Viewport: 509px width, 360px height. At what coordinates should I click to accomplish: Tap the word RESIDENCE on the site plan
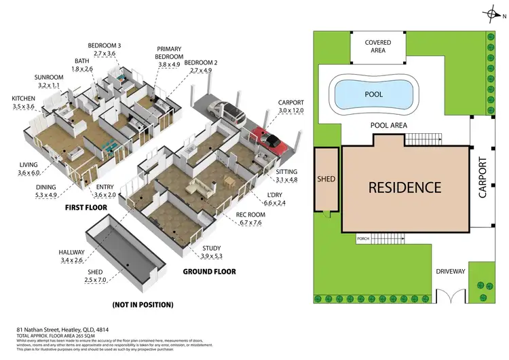(x=404, y=187)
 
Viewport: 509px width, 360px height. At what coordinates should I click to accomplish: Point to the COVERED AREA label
(x=377, y=46)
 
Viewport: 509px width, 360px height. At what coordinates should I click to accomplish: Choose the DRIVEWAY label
(x=451, y=272)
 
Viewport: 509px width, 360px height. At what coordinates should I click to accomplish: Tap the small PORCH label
(x=364, y=238)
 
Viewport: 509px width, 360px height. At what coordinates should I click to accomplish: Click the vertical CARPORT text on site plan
(x=483, y=177)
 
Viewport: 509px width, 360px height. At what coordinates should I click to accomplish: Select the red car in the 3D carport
(x=269, y=139)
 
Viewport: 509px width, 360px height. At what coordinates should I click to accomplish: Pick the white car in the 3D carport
(x=226, y=109)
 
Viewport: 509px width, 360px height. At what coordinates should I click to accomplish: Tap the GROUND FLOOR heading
(x=209, y=271)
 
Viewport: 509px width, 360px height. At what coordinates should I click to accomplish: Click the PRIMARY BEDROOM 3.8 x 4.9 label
(x=169, y=57)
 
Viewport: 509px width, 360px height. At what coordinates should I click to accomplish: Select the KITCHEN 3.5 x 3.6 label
(x=23, y=103)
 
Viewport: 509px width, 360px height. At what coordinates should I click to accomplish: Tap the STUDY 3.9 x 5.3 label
(x=212, y=252)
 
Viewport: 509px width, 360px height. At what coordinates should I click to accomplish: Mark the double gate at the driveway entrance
(x=448, y=297)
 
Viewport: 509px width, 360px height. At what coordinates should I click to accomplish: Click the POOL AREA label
(x=388, y=126)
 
